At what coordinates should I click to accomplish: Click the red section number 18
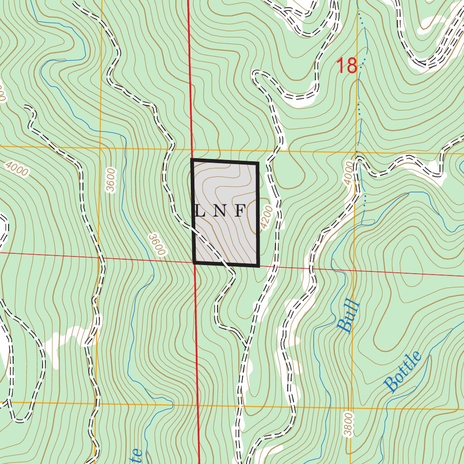(x=347, y=66)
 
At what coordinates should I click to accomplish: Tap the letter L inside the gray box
(x=199, y=211)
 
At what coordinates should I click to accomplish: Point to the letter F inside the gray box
(x=240, y=211)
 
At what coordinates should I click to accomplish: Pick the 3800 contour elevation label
(x=348, y=424)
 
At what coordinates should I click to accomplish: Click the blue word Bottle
(x=403, y=372)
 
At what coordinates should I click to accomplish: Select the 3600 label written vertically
(x=110, y=180)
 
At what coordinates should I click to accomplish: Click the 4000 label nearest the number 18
(x=348, y=172)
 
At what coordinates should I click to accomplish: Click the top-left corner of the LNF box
(x=193, y=160)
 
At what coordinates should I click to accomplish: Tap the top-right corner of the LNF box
(x=257, y=162)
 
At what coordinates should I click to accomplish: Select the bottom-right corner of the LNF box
(x=258, y=266)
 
